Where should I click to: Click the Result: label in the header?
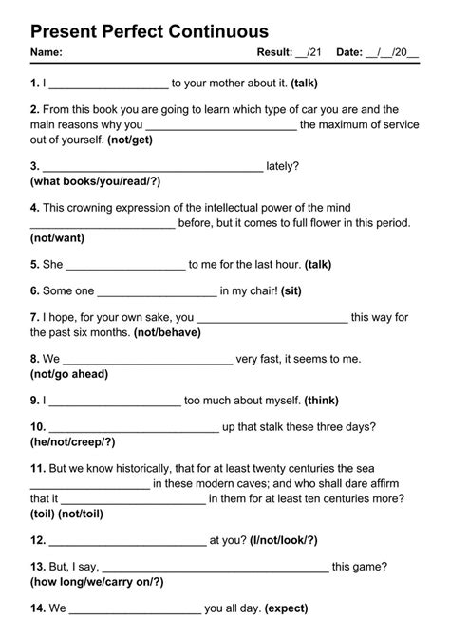tap(275, 52)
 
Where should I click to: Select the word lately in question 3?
tap(282, 165)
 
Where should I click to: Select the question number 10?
tap(38, 428)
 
